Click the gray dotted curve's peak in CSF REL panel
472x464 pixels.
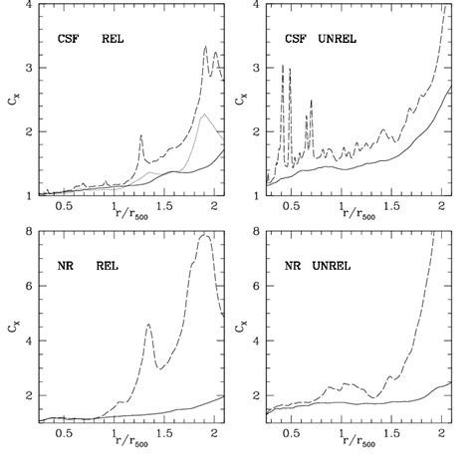(203, 116)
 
